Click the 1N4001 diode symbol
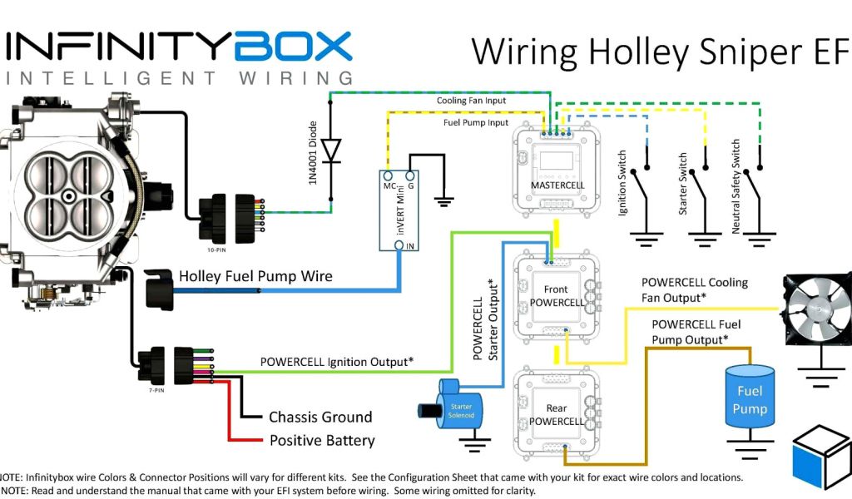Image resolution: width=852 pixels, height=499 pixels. click(x=331, y=151)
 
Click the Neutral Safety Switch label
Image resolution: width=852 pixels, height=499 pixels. click(x=736, y=187)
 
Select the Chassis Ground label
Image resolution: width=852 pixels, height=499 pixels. click(x=319, y=417)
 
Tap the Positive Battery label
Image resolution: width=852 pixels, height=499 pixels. click(x=321, y=440)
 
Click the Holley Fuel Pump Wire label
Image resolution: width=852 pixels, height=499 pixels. click(x=255, y=275)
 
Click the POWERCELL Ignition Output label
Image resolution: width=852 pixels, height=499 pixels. click(x=337, y=362)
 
